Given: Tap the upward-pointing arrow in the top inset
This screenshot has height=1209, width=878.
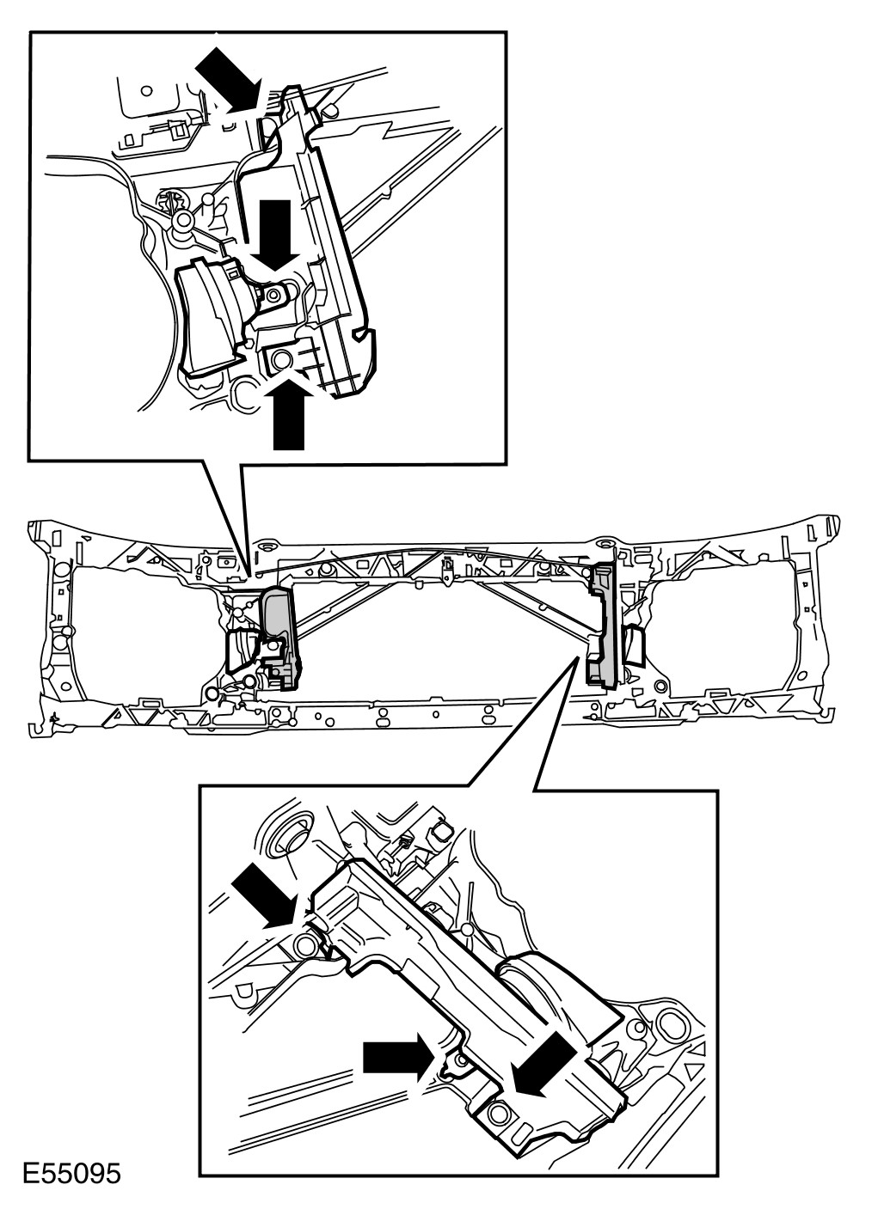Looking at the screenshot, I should tap(289, 413).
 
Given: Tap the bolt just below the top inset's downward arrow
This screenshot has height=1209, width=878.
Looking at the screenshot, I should tap(273, 296).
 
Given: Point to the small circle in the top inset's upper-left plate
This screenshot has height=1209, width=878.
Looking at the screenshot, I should tap(146, 90).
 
